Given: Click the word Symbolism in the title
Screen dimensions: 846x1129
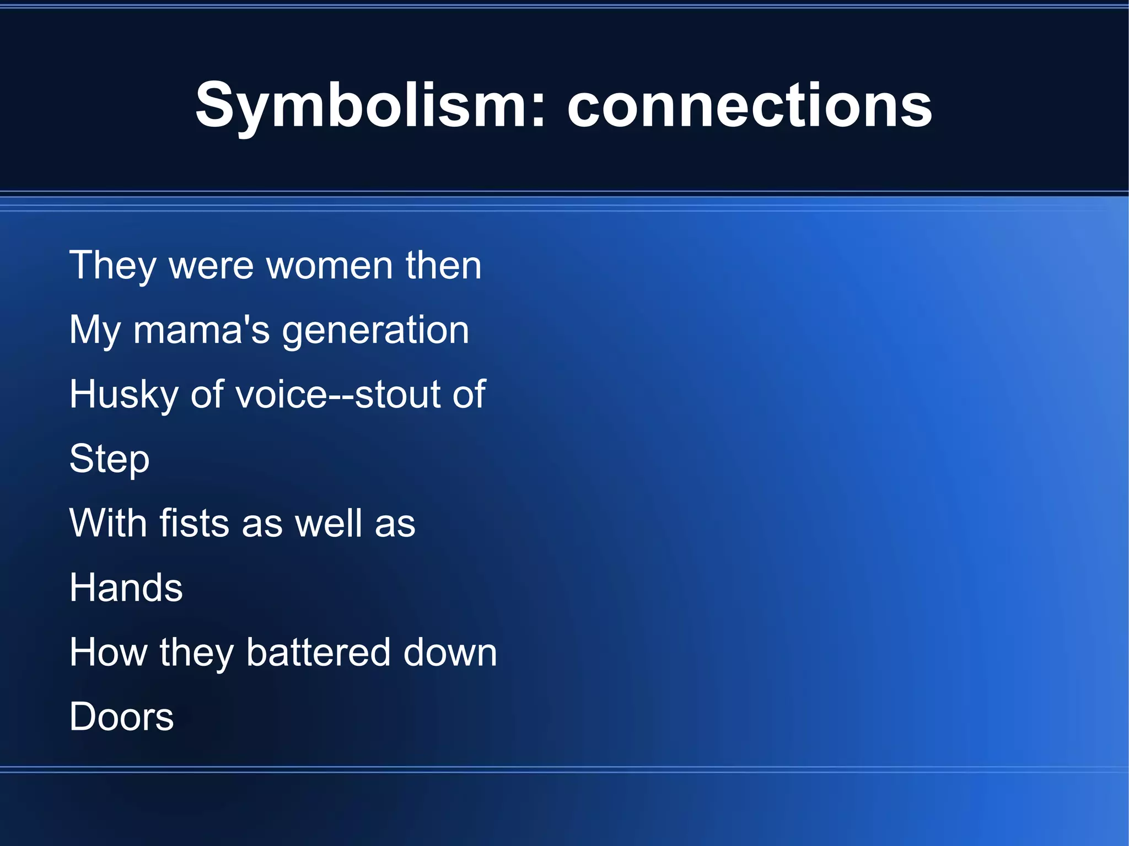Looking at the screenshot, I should point(364,106).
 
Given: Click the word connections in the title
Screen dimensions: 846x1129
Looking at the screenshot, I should point(749,106).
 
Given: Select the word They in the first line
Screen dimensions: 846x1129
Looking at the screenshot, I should point(113,266).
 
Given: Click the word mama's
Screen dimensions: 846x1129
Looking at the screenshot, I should point(201,330).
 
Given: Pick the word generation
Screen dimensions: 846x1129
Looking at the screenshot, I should point(375,330).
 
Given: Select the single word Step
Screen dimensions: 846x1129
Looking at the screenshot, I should point(109,459).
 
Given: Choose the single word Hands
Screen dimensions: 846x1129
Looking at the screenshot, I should point(126,588).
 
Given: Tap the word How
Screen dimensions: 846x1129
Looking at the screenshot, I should point(109,653).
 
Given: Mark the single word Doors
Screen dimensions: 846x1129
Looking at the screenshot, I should point(121,717).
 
